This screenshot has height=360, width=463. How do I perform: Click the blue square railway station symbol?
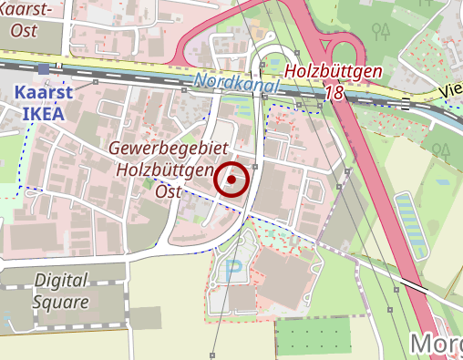[43, 69]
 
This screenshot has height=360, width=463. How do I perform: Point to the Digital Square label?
[61, 290]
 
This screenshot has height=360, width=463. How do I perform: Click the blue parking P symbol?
[234, 271]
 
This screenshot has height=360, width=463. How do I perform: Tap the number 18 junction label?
[334, 93]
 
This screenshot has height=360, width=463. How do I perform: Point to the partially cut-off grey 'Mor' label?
[437, 344]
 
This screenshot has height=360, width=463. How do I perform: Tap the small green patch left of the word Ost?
[148, 184]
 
